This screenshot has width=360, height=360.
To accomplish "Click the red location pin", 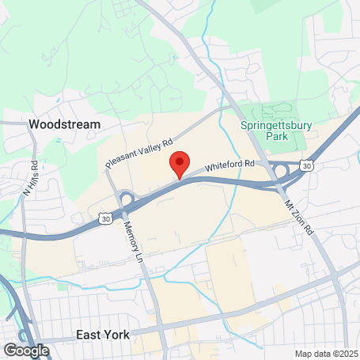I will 180,164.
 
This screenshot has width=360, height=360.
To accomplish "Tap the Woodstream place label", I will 64,125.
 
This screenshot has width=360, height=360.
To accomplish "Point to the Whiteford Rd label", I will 230,165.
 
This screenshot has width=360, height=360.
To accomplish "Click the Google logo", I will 25,350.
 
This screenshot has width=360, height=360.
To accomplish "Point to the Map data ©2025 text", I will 327,353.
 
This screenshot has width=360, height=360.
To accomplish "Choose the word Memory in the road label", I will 130,230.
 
